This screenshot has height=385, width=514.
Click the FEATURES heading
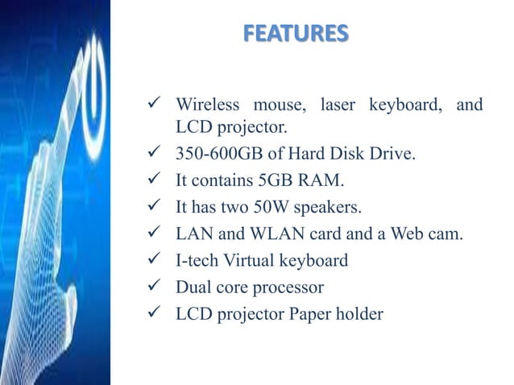click(x=296, y=34)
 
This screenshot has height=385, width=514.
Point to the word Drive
click(x=395, y=154)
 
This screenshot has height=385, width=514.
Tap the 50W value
click(x=275, y=207)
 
